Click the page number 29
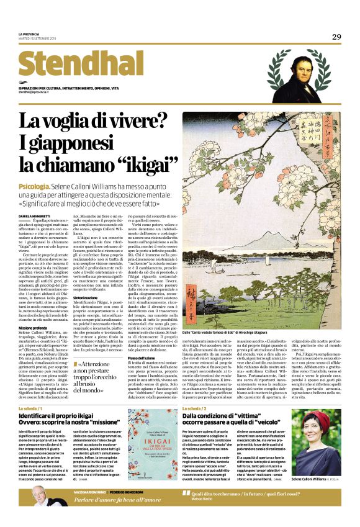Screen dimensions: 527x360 click(336, 37)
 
